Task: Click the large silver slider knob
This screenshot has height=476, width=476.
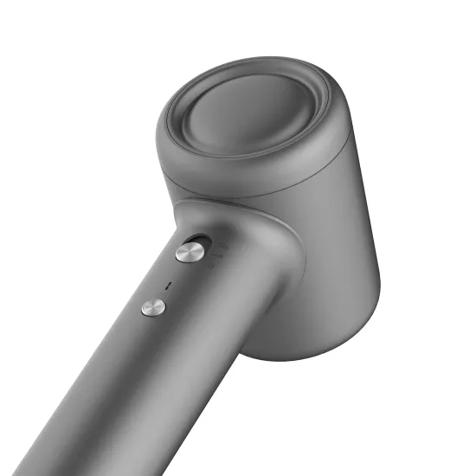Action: tap(190, 252)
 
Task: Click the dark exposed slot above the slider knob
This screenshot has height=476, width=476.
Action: tap(202, 241)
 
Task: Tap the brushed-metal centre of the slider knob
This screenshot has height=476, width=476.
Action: tap(190, 252)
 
